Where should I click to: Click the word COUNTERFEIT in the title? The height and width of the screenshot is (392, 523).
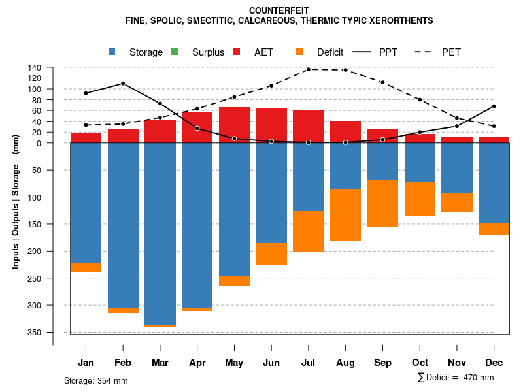(x=279, y=10)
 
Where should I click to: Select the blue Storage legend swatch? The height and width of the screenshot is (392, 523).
(x=112, y=52)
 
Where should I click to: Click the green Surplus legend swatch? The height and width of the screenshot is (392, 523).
(x=175, y=52)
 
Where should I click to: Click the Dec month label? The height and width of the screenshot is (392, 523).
(x=494, y=363)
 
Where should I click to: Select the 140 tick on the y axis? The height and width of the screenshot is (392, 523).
(x=35, y=67)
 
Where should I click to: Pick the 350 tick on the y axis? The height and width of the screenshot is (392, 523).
(x=35, y=333)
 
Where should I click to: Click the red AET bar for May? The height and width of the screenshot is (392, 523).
(x=234, y=125)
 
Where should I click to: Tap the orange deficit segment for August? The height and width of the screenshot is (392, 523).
(x=345, y=215)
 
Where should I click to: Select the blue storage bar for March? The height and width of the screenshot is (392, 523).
(x=160, y=233)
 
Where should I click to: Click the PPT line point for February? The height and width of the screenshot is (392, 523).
(x=123, y=84)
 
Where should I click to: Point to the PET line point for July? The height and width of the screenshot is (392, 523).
(x=308, y=69)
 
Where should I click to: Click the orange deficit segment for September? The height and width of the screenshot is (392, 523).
(x=382, y=203)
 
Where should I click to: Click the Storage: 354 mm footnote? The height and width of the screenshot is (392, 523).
(x=95, y=381)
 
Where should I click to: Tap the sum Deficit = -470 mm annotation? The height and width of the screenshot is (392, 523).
(x=455, y=378)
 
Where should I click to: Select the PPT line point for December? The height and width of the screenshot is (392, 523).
(x=494, y=106)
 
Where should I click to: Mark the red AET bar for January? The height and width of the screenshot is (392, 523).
(x=86, y=138)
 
